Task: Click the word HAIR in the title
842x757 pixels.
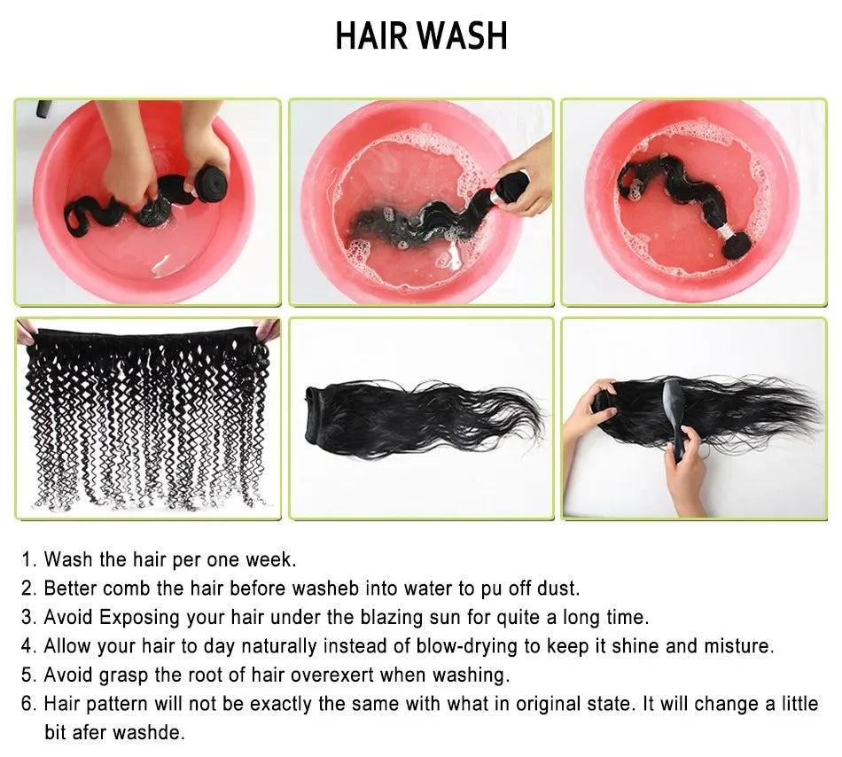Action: (371, 35)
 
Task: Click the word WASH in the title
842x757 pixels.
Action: (463, 35)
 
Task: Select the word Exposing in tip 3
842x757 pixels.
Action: (140, 618)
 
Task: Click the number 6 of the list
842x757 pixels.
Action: (28, 704)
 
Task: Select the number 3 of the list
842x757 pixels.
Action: (28, 618)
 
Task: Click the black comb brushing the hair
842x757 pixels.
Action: (677, 418)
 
